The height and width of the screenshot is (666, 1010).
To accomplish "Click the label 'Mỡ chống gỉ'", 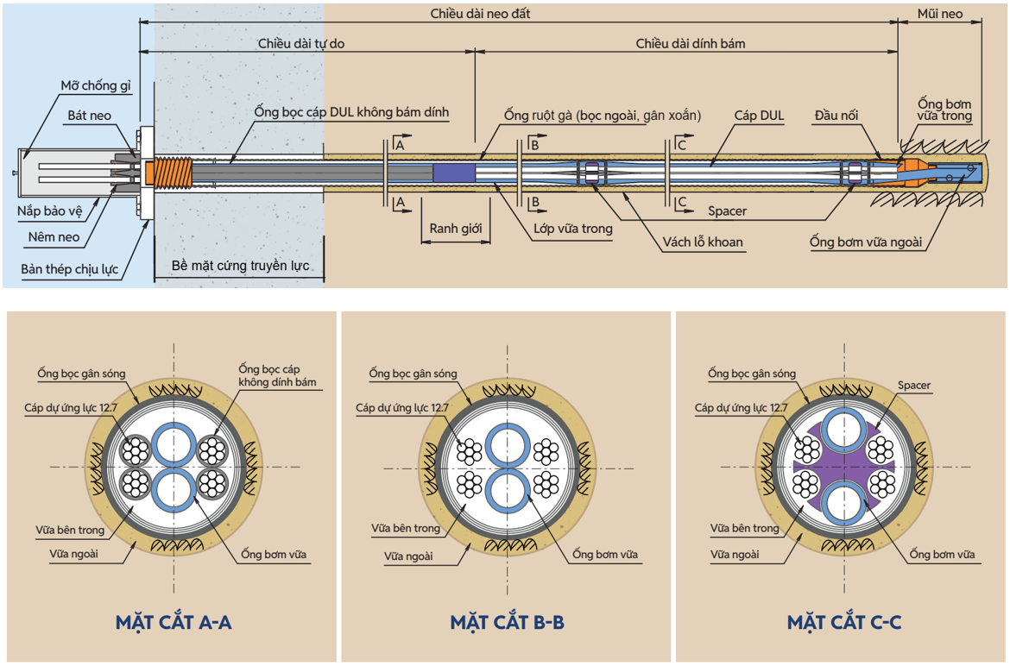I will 95,86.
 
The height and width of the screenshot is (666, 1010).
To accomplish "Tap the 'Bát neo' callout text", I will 90,116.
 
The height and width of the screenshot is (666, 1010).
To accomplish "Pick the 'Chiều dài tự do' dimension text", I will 301,43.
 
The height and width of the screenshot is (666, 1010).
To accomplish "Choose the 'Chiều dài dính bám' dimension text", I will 691,43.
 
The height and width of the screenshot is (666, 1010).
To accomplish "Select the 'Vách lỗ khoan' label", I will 704,242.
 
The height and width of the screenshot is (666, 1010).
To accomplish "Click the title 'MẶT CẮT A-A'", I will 173,622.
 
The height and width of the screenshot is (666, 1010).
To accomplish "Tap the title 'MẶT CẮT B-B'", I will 507,622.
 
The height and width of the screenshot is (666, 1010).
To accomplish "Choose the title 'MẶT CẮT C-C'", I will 844,622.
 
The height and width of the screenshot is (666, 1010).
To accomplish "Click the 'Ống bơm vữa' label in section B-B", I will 605,554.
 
